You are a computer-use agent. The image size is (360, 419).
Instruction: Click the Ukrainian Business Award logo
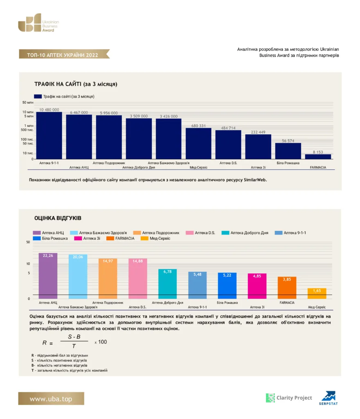click(38, 23)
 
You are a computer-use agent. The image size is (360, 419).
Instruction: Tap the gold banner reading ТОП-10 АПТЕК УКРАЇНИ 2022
click(64, 54)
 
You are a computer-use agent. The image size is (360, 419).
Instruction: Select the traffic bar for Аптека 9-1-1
click(49, 135)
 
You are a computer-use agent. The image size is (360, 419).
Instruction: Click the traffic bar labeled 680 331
click(198, 144)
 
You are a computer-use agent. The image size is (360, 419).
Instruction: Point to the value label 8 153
click(318, 152)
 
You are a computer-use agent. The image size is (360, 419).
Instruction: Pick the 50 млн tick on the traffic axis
click(28, 103)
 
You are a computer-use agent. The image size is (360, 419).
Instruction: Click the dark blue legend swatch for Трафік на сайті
click(38, 97)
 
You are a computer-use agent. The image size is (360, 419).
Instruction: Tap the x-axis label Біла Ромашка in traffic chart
click(288, 163)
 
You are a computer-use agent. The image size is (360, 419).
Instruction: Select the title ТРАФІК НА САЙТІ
click(76, 84)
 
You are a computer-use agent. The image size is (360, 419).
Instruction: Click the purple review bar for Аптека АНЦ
click(48, 276)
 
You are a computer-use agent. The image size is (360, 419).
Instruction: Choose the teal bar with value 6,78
click(167, 284)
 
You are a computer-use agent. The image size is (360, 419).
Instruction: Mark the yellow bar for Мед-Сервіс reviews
click(317, 293)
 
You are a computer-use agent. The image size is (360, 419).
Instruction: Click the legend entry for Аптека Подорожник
click(156, 233)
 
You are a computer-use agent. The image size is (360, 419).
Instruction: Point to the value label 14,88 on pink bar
click(137, 261)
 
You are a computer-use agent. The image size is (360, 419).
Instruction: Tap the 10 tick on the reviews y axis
click(28, 264)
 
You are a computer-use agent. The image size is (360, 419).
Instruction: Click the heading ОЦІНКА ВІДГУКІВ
click(58, 218)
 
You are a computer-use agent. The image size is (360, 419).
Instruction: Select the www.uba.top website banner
click(51, 399)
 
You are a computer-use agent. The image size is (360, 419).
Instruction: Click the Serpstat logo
click(328, 398)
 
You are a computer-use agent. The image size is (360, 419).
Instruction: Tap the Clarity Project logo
click(289, 398)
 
